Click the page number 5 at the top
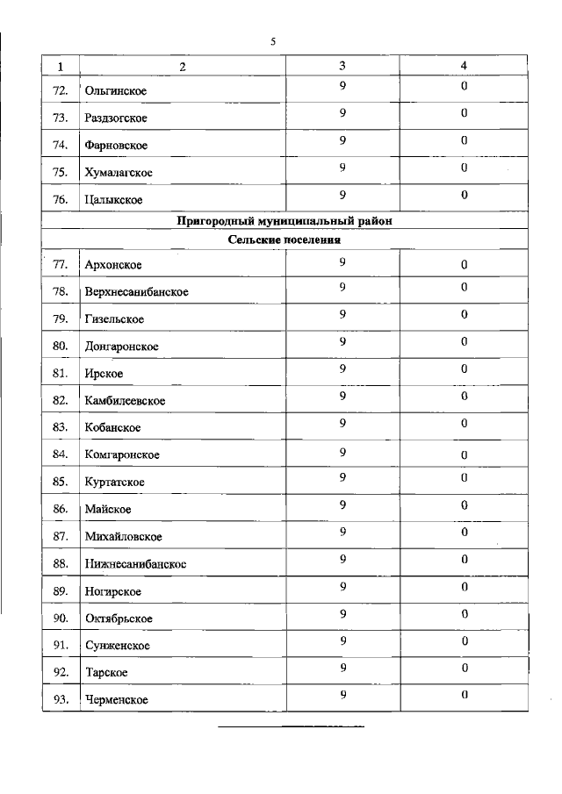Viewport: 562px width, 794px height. [273, 41]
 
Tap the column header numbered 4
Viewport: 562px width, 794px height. [464, 66]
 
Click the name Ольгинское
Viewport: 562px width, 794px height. [116, 91]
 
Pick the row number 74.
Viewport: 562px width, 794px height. [61, 145]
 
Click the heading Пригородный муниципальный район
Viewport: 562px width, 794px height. [285, 222]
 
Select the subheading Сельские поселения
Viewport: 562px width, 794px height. [285, 239]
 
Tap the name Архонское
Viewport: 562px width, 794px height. [113, 265]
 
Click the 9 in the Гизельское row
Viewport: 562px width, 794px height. [343, 314]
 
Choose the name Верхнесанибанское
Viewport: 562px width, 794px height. [137, 291]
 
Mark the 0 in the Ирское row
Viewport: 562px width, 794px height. [464, 368]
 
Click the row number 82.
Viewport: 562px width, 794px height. [61, 400]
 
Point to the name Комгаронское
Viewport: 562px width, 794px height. [122, 454]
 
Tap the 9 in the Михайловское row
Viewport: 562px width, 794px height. [343, 532]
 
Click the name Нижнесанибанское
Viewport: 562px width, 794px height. [135, 563]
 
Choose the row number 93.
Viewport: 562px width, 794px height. [61, 699]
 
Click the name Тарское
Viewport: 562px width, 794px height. [107, 672]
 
